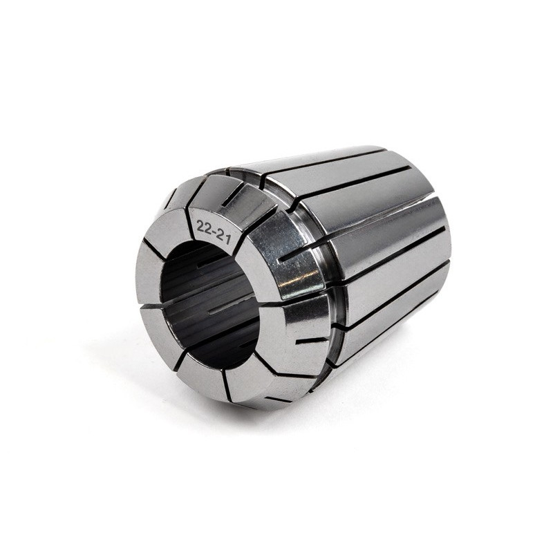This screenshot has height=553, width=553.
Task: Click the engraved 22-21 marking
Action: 214,232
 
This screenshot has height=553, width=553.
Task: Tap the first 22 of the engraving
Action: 204,227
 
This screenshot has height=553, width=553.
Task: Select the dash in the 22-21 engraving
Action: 214,231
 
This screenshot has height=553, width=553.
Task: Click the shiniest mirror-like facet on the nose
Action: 288,254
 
